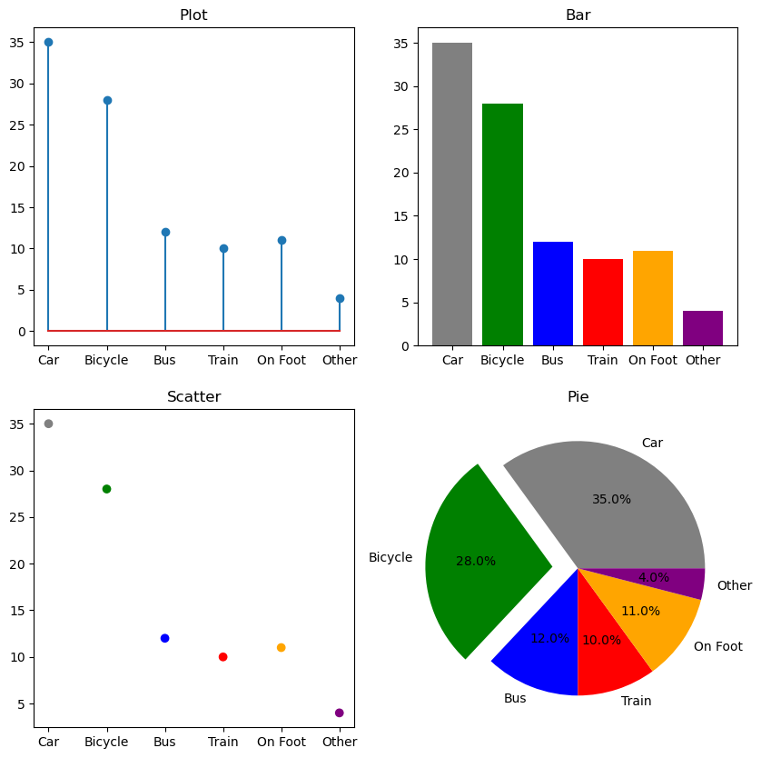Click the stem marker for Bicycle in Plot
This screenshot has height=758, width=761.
(x=107, y=100)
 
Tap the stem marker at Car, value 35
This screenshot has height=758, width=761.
(x=48, y=42)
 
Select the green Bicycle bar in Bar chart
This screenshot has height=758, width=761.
(x=502, y=224)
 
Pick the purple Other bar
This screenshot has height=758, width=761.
(x=703, y=328)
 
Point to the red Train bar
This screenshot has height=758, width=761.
(x=603, y=303)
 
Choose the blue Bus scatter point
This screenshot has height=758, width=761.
(x=164, y=638)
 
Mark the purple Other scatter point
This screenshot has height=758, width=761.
(x=340, y=713)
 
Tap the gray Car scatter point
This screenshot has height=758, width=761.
(x=48, y=424)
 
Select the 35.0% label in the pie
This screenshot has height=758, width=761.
(x=611, y=499)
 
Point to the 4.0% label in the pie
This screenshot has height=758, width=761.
(x=654, y=577)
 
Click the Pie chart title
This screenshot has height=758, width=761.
(x=578, y=396)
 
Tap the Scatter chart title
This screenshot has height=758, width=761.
(x=193, y=396)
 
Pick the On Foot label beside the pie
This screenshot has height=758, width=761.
(x=717, y=646)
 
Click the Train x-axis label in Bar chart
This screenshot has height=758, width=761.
(x=603, y=360)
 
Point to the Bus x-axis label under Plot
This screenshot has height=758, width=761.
(x=164, y=360)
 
